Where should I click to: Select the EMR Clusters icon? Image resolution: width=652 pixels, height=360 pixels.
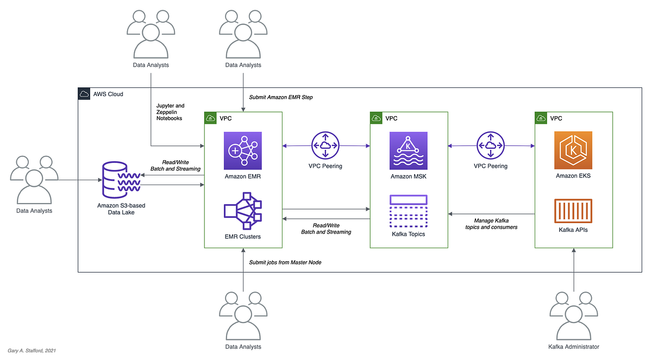pyautogui.click(x=243, y=211)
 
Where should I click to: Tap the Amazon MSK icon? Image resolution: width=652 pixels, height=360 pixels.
pyautogui.click(x=409, y=150)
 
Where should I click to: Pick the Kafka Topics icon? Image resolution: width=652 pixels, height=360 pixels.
pyautogui.click(x=409, y=211)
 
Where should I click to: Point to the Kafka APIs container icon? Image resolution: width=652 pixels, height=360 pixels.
pyautogui.click(x=573, y=211)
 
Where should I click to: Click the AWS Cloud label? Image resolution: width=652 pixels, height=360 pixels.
pyautogui.click(x=108, y=94)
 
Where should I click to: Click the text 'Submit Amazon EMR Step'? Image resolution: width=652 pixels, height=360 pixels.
pyautogui.click(x=281, y=97)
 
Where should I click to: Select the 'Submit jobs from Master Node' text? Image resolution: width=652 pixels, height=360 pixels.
pyautogui.click(x=285, y=262)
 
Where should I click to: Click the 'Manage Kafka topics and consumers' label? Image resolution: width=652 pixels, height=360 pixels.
pyautogui.click(x=491, y=223)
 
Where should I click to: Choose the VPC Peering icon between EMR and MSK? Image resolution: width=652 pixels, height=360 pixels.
pyautogui.click(x=325, y=145)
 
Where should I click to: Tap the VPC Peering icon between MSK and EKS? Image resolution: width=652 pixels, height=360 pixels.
pyautogui.click(x=490, y=145)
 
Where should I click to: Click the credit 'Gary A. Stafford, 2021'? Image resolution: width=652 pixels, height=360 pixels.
pyautogui.click(x=32, y=351)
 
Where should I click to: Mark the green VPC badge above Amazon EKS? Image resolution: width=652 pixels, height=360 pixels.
pyautogui.click(x=541, y=118)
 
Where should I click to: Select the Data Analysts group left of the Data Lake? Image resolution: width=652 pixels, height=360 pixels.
pyautogui.click(x=34, y=180)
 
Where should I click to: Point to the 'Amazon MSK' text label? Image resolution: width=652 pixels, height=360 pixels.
pyautogui.click(x=409, y=176)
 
